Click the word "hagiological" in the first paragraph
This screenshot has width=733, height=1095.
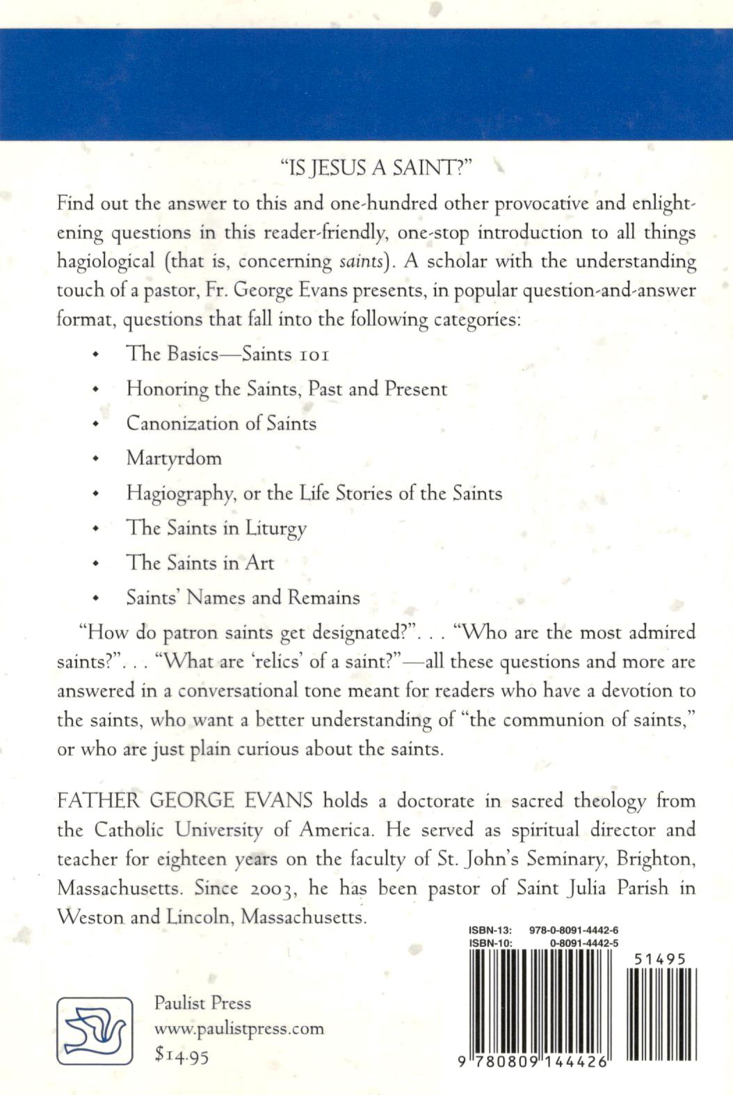(106, 262)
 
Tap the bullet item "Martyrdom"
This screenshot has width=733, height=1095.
(174, 458)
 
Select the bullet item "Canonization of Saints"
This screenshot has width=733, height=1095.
(221, 423)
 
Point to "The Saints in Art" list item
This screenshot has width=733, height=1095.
(200, 562)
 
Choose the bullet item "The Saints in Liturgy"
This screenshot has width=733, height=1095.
(216, 528)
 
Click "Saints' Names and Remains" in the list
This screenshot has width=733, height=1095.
(243, 597)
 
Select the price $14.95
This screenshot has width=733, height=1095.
(182, 1055)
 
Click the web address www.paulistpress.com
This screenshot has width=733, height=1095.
(239, 1028)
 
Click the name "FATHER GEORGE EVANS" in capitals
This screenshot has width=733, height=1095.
(185, 800)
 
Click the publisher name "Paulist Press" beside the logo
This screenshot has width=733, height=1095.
(202, 1003)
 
